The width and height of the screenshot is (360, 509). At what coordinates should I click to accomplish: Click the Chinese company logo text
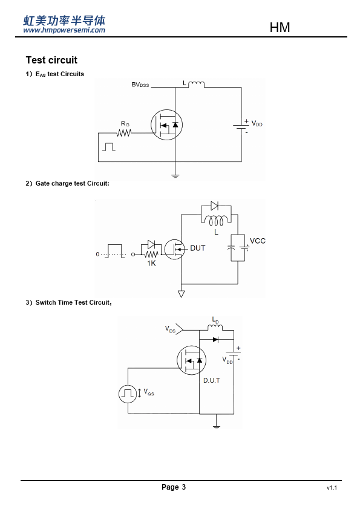[x=64, y=21]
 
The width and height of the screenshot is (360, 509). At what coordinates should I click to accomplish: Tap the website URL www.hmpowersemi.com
[x=64, y=30]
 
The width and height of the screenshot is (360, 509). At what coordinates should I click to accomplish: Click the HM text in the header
[x=280, y=28]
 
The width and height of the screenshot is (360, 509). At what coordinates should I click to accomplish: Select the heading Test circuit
[x=51, y=60]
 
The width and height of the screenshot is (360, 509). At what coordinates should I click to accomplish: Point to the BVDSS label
[x=140, y=85]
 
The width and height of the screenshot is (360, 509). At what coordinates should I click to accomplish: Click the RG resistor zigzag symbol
[x=124, y=133]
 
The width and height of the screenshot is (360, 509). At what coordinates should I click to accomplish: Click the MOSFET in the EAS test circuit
[x=166, y=125]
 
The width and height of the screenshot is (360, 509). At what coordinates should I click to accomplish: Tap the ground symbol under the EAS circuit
[x=175, y=176]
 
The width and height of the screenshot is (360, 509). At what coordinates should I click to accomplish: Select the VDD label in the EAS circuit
[x=257, y=124]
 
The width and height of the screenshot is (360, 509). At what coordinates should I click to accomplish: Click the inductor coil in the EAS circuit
[x=196, y=85]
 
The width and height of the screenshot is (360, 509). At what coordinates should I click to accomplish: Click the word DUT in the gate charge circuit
[x=197, y=248]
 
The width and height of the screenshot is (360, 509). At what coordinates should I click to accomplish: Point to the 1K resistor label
[x=151, y=263]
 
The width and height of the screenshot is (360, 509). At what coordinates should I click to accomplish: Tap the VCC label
[x=258, y=241]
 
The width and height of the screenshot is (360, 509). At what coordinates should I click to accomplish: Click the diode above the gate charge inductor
[x=214, y=206]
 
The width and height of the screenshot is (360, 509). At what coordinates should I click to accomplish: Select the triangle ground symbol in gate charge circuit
[x=182, y=294]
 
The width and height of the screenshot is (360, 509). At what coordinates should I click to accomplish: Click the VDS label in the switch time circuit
[x=170, y=329]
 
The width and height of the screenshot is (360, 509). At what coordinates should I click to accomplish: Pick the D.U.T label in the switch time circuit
[x=212, y=380]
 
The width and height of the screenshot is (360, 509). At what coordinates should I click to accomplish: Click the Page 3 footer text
[x=174, y=487]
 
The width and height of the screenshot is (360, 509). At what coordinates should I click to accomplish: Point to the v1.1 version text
[x=332, y=488]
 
